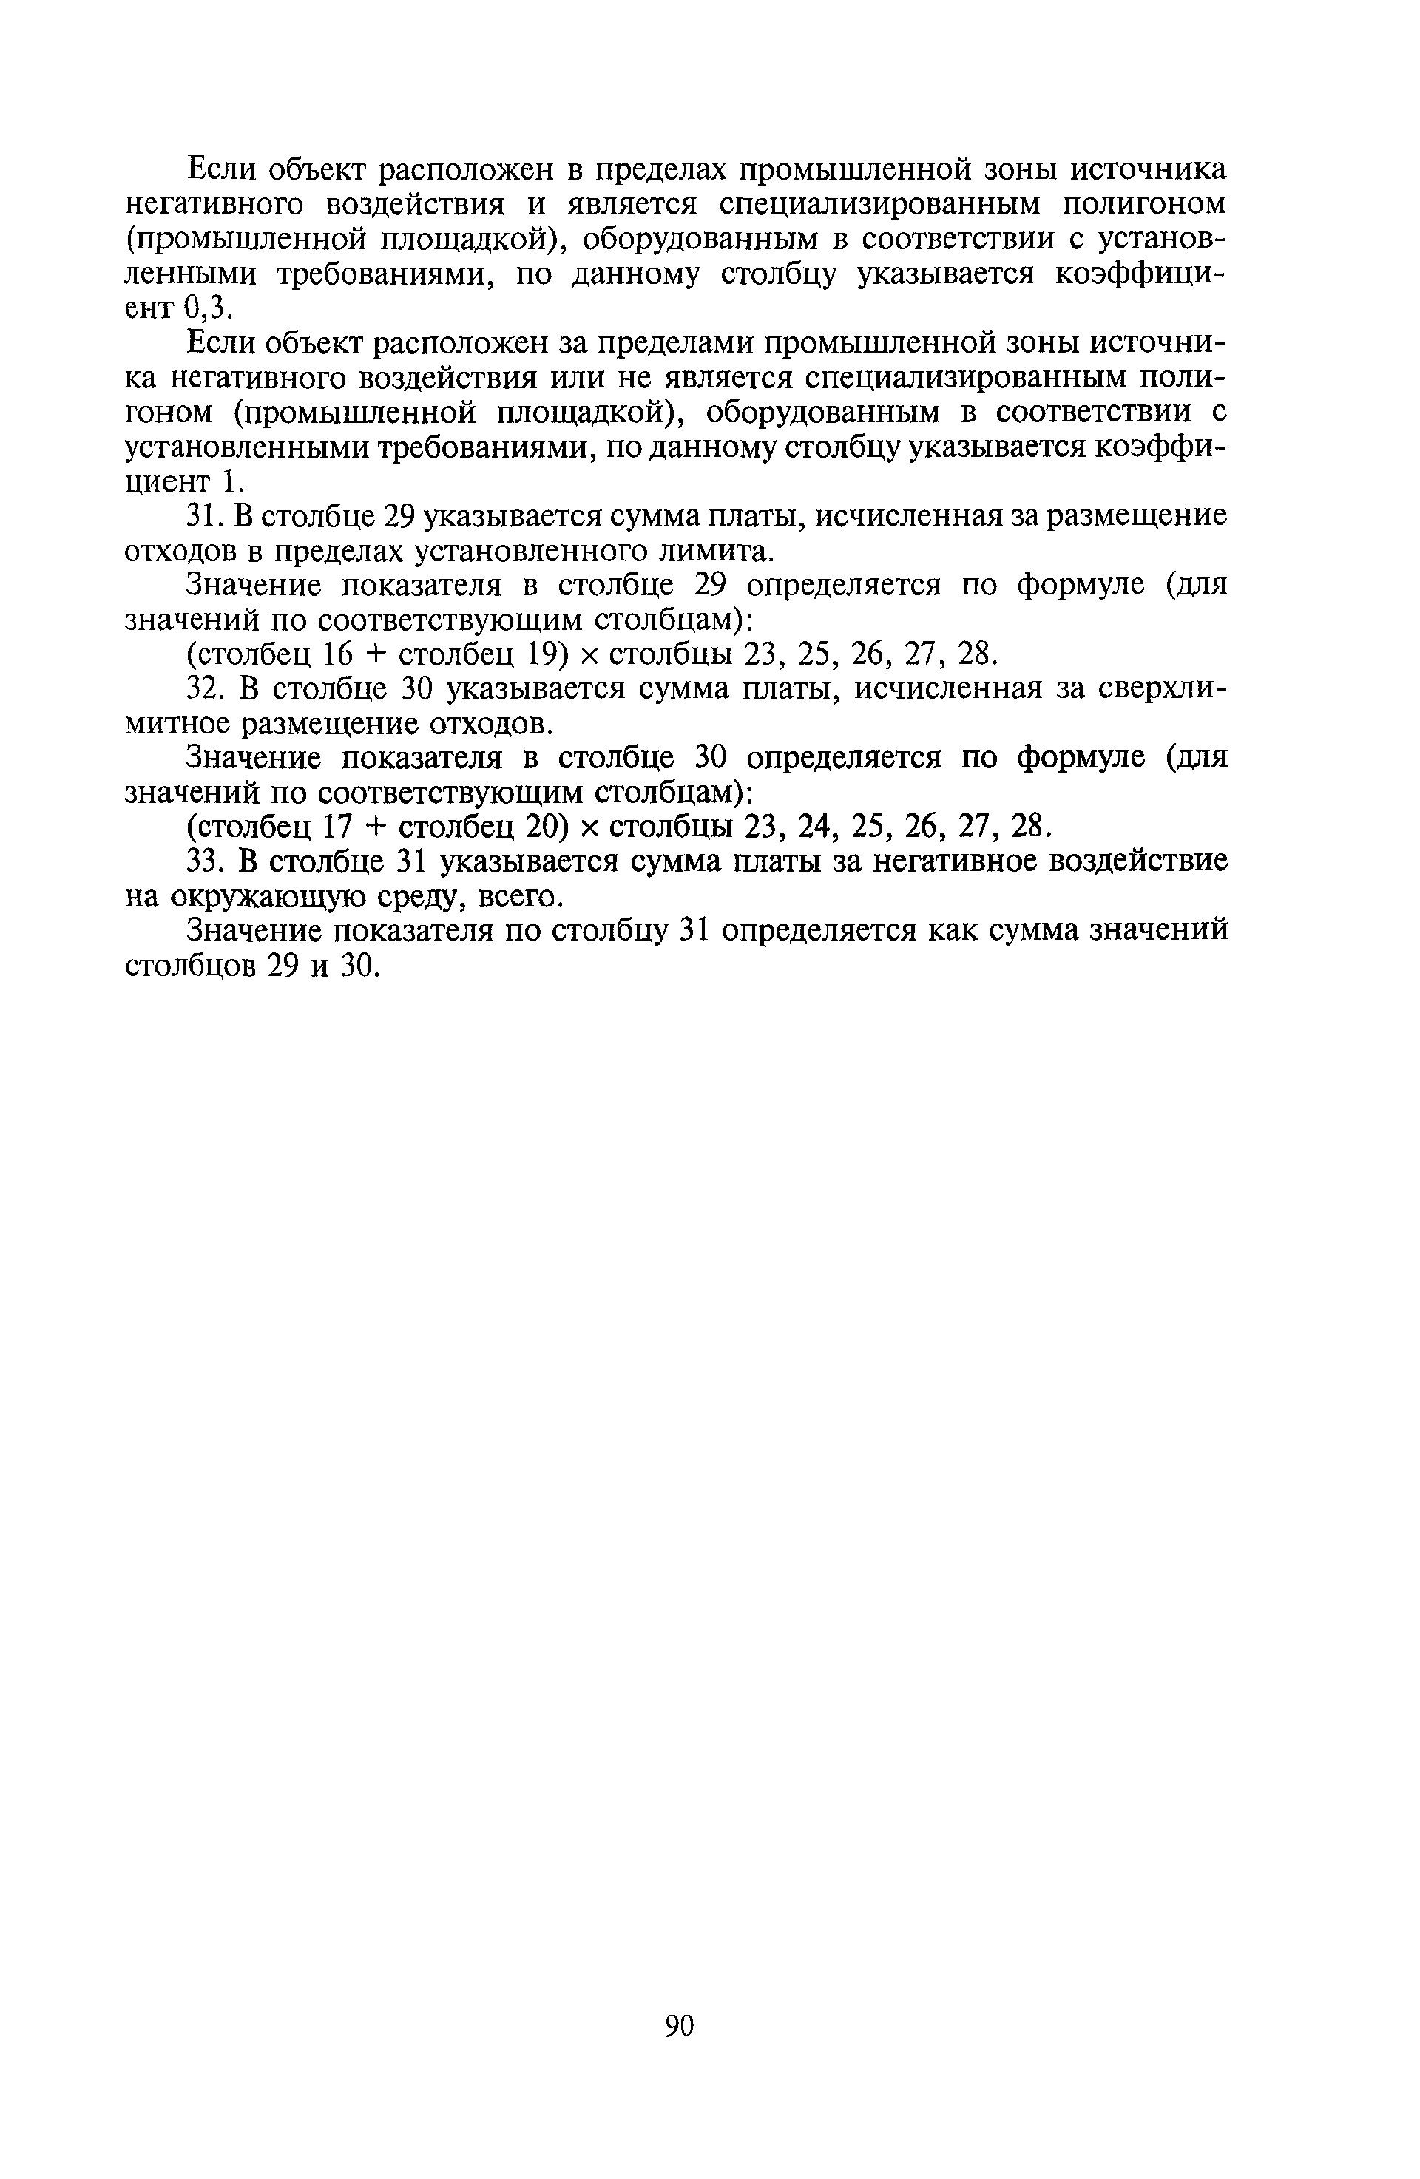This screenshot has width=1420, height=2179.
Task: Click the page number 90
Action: click(680, 2026)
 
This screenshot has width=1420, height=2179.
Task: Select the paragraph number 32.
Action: click(203, 688)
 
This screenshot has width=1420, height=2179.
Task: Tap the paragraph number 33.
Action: click(203, 861)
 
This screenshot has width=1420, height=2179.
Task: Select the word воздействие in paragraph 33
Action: click(1116, 861)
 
